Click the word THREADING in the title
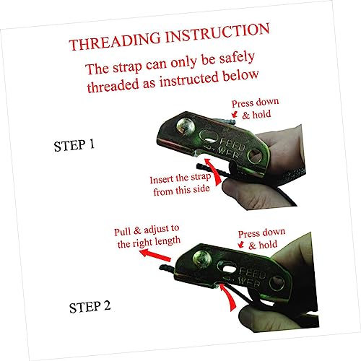[x=115, y=41]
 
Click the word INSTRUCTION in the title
[x=218, y=32]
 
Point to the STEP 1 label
[x=74, y=145]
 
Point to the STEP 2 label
[x=90, y=307]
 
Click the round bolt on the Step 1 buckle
[x=186, y=126]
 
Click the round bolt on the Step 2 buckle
[x=202, y=259]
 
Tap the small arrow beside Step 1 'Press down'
[x=235, y=114]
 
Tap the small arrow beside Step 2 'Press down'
[x=241, y=245]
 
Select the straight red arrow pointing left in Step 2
[x=155, y=255]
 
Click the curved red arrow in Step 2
[x=229, y=297]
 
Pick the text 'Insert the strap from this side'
[x=180, y=185]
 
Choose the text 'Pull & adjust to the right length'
[x=147, y=236]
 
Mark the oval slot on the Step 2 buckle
[x=228, y=268]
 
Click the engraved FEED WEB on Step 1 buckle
[x=230, y=149]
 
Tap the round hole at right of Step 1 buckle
[x=256, y=155]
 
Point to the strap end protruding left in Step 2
[x=168, y=268]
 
